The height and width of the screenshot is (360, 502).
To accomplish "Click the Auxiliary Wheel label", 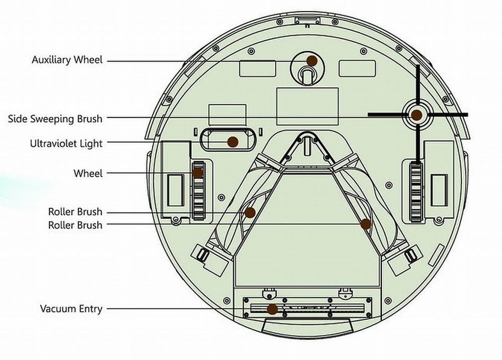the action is pyautogui.click(x=67, y=60).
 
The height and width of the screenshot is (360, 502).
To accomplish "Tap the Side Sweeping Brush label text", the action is pyautogui.click(x=55, y=119).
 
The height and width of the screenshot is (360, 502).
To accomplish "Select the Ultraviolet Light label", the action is pyautogui.click(x=66, y=143).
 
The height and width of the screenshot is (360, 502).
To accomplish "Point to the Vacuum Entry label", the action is pyautogui.click(x=71, y=309).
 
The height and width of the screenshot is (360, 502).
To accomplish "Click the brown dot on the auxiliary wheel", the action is pyautogui.click(x=312, y=61).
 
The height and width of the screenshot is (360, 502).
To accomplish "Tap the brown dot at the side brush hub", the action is pyautogui.click(x=416, y=115).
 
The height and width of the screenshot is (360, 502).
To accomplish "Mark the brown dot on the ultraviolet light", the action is pyautogui.click(x=233, y=142).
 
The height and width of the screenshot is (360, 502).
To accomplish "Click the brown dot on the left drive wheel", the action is pyautogui.click(x=198, y=173).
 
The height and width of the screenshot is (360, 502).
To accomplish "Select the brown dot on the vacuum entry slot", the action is pyautogui.click(x=272, y=309).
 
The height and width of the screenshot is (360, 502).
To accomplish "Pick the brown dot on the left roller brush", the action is pyautogui.click(x=250, y=213).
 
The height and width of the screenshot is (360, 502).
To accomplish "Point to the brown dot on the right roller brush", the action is pyautogui.click(x=366, y=224).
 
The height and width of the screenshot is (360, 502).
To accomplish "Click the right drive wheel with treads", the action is pyautogui.click(x=416, y=191).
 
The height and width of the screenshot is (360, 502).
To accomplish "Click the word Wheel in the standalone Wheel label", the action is pyautogui.click(x=88, y=173).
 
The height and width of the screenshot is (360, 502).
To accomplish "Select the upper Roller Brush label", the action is pyautogui.click(x=75, y=211).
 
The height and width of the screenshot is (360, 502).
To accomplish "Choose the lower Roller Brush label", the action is pyautogui.click(x=75, y=225).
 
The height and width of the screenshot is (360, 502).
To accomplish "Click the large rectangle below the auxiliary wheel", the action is pyautogui.click(x=308, y=106).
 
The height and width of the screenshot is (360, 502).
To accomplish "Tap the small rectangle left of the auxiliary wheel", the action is pyautogui.click(x=258, y=69).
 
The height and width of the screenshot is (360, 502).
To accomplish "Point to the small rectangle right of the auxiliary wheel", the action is pyautogui.click(x=357, y=69).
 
